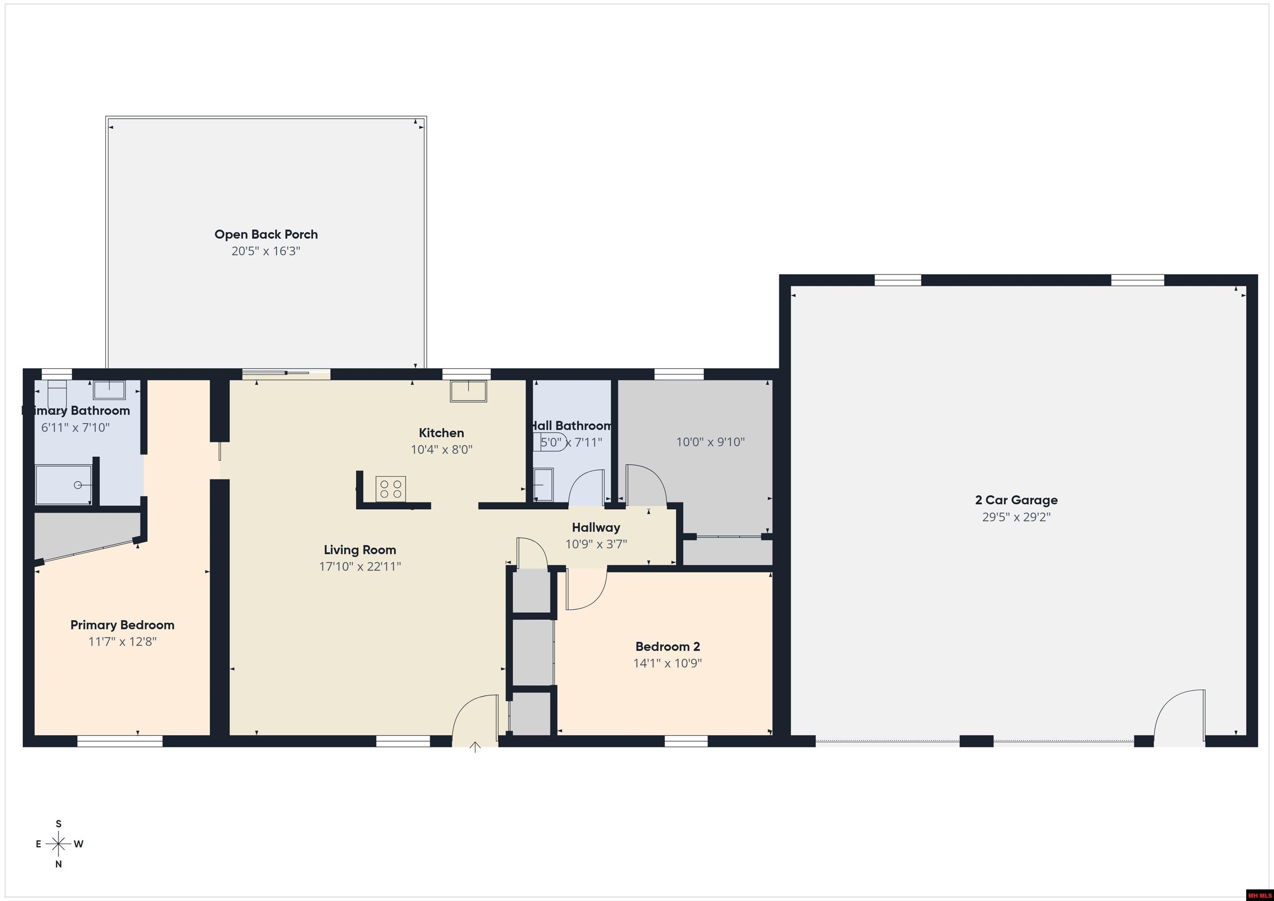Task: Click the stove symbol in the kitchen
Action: [391, 489]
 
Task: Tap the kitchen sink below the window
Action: [468, 391]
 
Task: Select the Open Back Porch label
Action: [266, 234]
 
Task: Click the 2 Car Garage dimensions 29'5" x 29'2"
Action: [1016, 517]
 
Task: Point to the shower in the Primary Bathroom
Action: [63, 484]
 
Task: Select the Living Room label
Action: [360, 550]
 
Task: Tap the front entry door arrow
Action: [475, 747]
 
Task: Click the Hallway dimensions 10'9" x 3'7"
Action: [596, 544]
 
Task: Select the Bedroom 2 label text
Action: [668, 646]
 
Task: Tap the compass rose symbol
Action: [58, 844]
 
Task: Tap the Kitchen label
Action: [441, 433]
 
